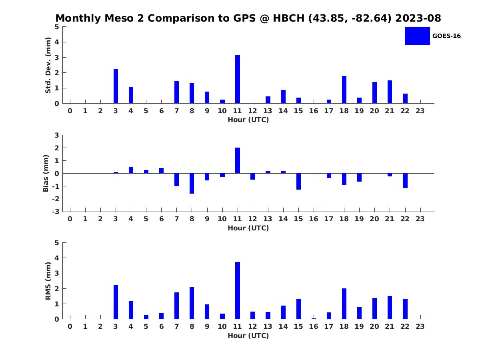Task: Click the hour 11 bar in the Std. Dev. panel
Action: tap(238, 79)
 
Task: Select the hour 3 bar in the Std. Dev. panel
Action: tap(116, 86)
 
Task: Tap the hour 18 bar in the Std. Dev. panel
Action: tap(344, 90)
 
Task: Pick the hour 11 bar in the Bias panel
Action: tap(238, 160)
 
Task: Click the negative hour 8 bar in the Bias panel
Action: tap(192, 183)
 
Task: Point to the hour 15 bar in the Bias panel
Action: tap(298, 182)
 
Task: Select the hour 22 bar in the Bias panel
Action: tap(405, 180)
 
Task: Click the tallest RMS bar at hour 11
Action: tap(238, 290)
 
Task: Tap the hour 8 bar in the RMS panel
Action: tap(192, 303)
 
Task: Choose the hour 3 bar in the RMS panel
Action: tap(116, 302)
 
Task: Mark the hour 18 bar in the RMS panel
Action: tap(344, 304)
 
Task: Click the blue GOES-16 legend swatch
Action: tap(417, 36)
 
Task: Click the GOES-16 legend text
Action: tap(446, 36)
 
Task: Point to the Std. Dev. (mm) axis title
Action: tap(48, 65)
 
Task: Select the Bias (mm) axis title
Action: tap(46, 173)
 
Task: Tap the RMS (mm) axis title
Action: tap(48, 281)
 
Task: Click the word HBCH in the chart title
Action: tap(289, 18)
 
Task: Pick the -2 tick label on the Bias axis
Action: tap(56, 199)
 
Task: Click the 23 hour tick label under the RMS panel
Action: tap(420, 326)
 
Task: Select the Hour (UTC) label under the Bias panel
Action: tap(248, 228)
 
